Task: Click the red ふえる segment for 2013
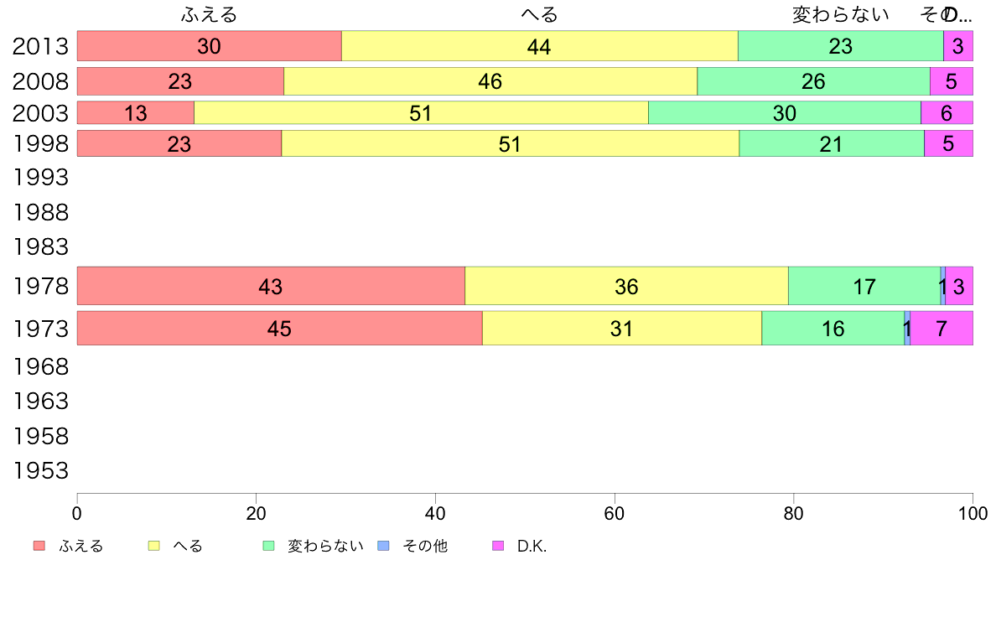coord(210,46)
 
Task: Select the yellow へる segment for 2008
coord(490,81)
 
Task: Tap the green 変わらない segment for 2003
coord(785,112)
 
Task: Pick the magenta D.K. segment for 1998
coord(948,143)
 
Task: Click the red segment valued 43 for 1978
coord(271,286)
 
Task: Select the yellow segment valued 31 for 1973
coord(621,328)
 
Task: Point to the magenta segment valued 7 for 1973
coord(942,328)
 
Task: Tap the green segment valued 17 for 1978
coord(864,286)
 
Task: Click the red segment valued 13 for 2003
coord(136,112)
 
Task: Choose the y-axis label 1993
coord(40,178)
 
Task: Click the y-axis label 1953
coord(40,471)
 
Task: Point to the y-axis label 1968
coord(40,366)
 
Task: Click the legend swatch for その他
coord(384,546)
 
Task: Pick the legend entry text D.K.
coord(532,547)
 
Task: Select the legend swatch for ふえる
coord(39,546)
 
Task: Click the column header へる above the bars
coord(539,15)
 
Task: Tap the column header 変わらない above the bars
coord(840,15)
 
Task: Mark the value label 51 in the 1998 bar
coord(510,143)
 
